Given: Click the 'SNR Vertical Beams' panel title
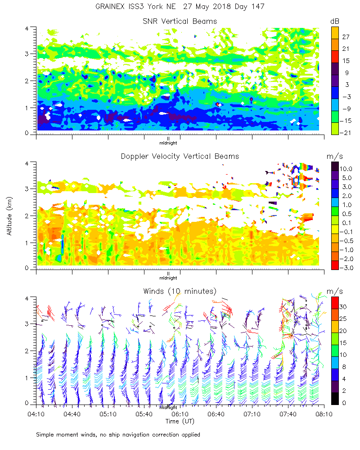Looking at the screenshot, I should pos(180,21).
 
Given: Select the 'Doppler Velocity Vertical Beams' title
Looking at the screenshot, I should pos(180,156).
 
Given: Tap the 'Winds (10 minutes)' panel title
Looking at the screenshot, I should pos(180,291).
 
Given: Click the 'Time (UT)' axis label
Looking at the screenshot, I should pos(180,421).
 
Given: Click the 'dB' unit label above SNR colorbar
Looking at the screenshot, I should pos(335,21).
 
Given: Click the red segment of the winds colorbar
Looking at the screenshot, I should pos(335,303).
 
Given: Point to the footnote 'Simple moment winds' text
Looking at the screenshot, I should pos(118,435).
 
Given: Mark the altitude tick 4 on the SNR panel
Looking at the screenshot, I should pos(27,28).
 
